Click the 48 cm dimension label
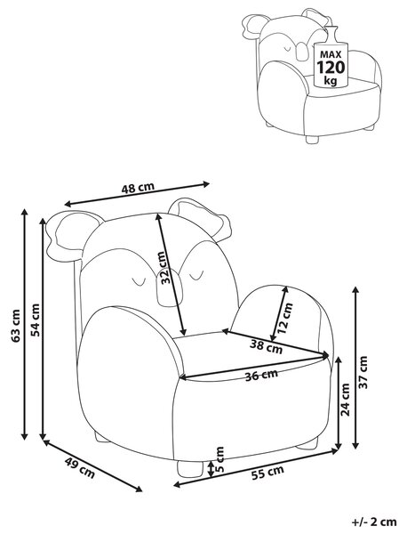coord(138,187)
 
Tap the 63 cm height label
coord(16,326)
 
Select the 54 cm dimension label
coord(35,320)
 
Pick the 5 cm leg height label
coord(220,459)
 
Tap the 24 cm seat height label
coord(346,400)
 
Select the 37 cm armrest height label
coord(363,372)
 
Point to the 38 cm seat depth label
coord(267,347)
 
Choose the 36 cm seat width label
coord(261,375)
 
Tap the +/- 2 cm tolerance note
coord(374,521)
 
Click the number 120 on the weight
coord(331,67)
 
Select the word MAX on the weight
coord(331,54)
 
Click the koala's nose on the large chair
coord(168,287)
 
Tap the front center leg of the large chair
coord(190,469)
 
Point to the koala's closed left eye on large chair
coord(139,281)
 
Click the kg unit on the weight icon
coord(331,80)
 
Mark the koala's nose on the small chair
coord(300,50)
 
